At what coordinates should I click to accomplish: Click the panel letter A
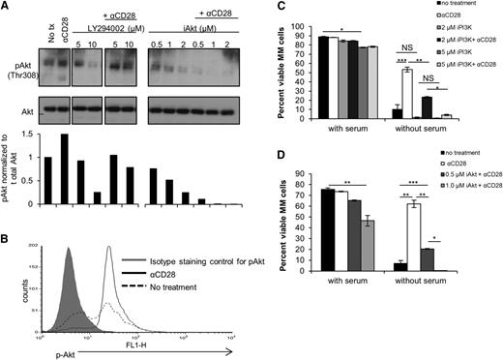click(6, 7)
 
